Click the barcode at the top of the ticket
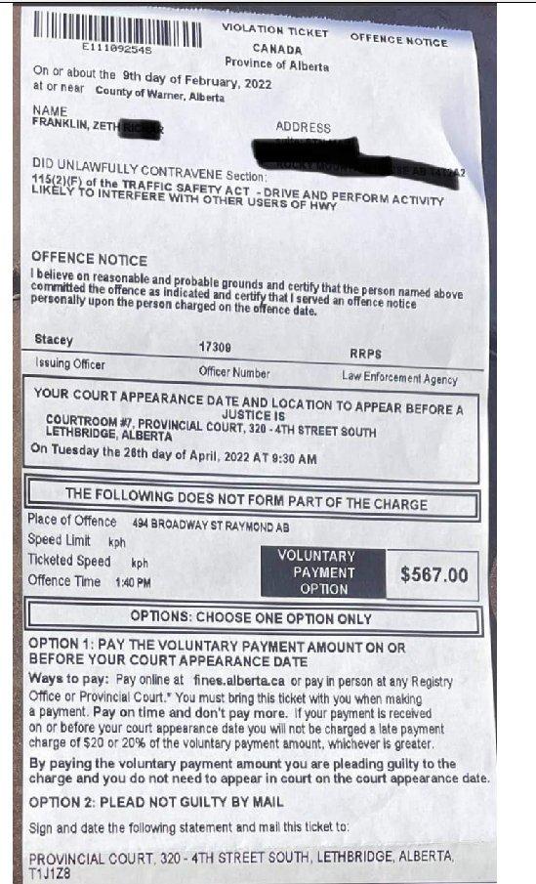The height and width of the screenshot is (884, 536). [117, 26]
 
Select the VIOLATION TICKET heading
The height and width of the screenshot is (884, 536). [274, 31]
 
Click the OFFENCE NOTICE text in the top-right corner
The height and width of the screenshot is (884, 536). [398, 40]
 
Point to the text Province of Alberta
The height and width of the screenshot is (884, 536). [276, 65]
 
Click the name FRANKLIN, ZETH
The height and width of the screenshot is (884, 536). [74, 124]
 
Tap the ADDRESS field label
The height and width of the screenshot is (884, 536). [303, 127]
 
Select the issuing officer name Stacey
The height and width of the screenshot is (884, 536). [54, 340]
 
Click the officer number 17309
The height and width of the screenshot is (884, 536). [215, 347]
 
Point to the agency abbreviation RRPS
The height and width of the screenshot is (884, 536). [367, 354]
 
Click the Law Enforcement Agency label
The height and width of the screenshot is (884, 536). [398, 377]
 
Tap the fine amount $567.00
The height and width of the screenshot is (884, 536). [433, 575]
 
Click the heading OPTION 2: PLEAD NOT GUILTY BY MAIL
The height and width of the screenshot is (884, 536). [156, 802]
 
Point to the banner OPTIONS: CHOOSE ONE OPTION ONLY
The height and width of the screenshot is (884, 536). [251, 617]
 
